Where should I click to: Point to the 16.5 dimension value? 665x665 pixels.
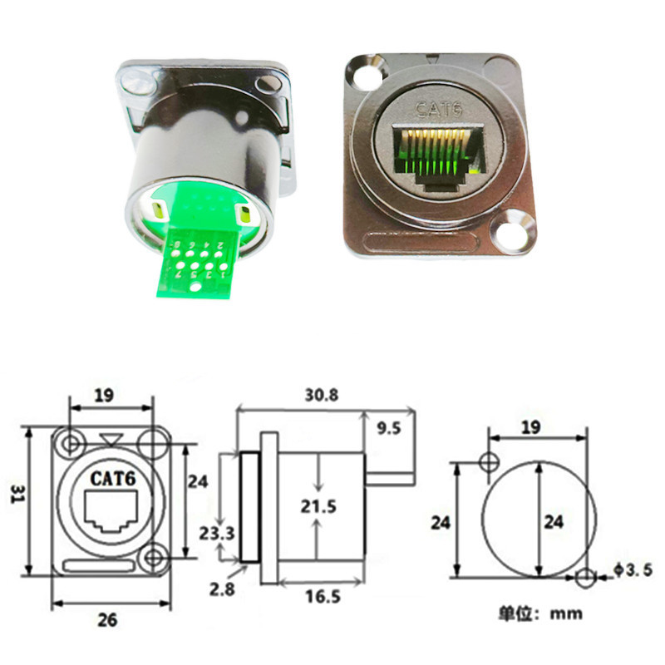(320, 597)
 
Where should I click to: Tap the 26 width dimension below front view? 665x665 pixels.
(108, 619)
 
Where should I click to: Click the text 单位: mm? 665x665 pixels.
(540, 614)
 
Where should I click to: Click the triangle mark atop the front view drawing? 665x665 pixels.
(111, 439)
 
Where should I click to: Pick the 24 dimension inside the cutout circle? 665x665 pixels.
(553, 523)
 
